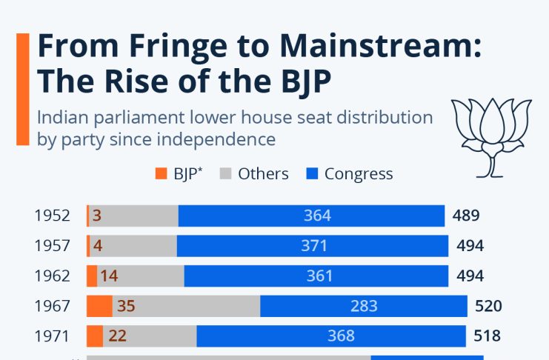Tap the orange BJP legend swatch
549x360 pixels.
[x=161, y=174]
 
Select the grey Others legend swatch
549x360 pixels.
[x=226, y=174]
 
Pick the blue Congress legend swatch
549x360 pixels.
[x=312, y=174]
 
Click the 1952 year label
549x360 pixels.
[x=52, y=216]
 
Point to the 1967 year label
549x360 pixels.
[x=52, y=306]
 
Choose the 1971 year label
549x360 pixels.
[x=52, y=336]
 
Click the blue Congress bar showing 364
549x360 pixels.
[x=311, y=216]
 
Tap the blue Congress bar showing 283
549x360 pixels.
[x=363, y=306]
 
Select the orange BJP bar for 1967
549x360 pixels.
[x=99, y=306]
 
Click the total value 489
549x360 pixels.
[x=466, y=216]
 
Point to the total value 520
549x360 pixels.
[x=488, y=306]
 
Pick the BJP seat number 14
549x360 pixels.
[x=109, y=276]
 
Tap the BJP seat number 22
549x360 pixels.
[x=117, y=336]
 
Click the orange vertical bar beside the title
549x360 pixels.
[x=23, y=89]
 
